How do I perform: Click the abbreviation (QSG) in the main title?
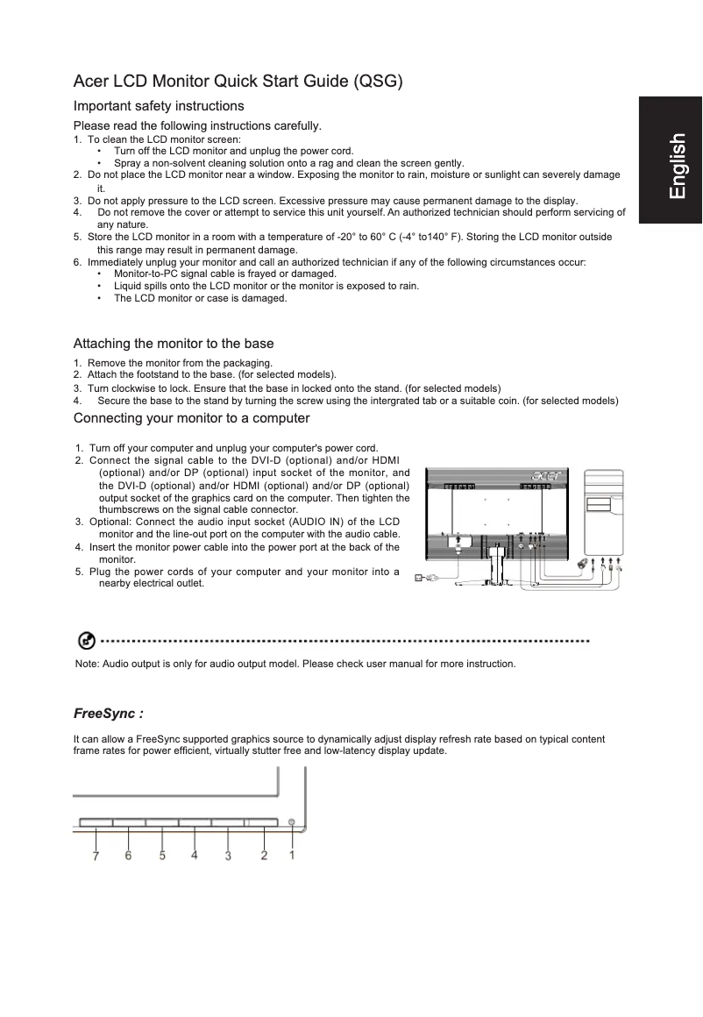click(x=378, y=82)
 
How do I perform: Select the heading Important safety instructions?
click(x=158, y=106)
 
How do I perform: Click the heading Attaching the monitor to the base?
click(x=174, y=343)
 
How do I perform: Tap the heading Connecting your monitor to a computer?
click(x=191, y=417)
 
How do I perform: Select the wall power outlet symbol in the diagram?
click(x=418, y=578)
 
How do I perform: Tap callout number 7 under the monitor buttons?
click(x=96, y=857)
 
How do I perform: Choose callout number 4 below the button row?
click(x=195, y=856)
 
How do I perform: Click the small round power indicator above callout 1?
click(x=292, y=823)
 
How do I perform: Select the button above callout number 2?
click(x=260, y=823)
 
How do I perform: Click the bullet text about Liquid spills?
click(x=266, y=286)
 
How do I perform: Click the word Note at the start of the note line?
click(x=87, y=664)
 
